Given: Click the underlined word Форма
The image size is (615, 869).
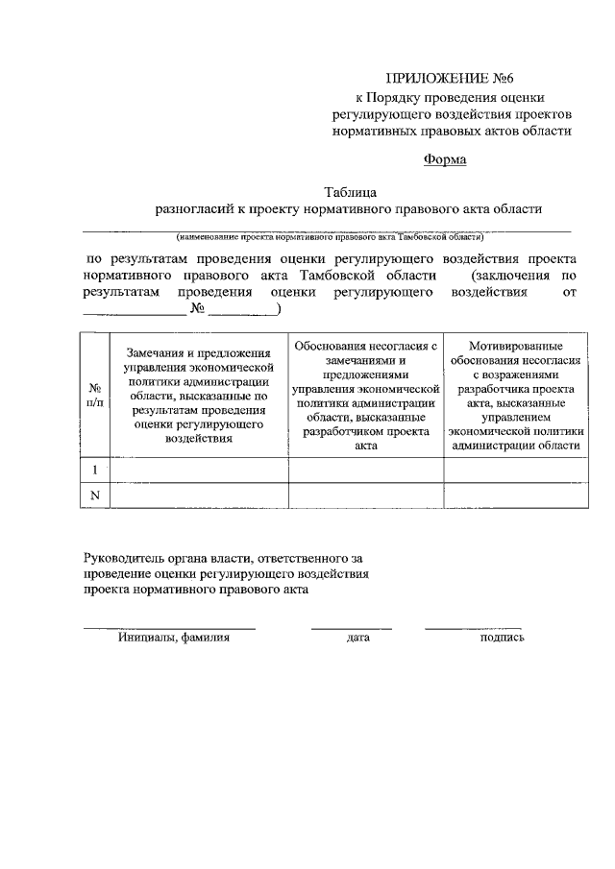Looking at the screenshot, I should [445, 159].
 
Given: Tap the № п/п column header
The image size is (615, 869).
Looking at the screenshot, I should [95, 394].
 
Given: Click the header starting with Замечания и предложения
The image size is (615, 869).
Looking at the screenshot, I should [199, 394].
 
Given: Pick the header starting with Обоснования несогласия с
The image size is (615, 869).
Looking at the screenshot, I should [366, 394].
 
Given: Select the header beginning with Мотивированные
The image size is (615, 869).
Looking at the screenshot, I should [517, 394].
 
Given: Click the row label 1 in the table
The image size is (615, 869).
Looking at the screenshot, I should [95, 471].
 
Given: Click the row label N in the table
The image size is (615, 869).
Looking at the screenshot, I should [95, 495].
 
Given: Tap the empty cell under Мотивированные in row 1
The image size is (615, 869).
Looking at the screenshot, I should [517, 471].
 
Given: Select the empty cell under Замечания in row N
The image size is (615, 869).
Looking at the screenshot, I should [199, 495].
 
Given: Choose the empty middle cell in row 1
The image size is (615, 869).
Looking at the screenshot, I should [366, 471].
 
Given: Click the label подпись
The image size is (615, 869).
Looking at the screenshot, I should [502, 637].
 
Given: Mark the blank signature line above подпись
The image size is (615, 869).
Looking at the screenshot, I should [473, 627].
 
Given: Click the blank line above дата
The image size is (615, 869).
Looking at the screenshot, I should [351, 627].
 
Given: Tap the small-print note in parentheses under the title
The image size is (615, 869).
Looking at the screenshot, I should [329, 236].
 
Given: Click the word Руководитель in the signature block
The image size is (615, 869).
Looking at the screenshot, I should [125, 557].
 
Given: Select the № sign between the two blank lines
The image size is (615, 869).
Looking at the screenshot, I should [199, 309].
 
